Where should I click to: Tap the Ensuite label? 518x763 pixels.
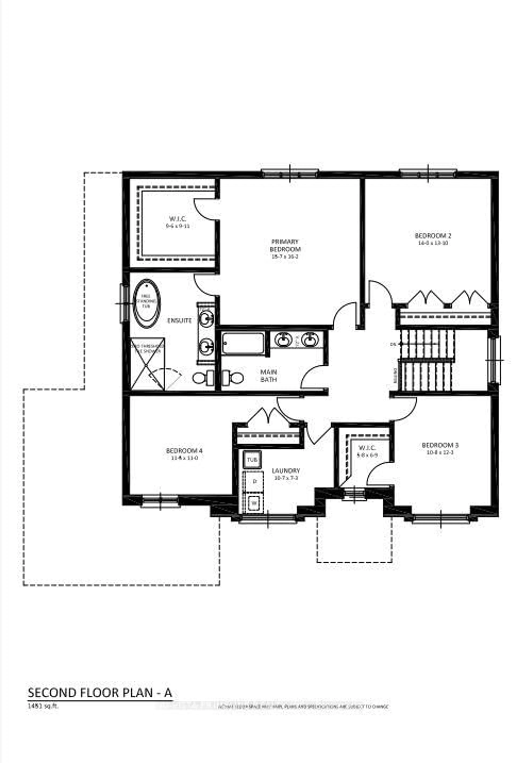tap(179, 320)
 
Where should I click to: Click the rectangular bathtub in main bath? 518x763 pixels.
tap(243, 343)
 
